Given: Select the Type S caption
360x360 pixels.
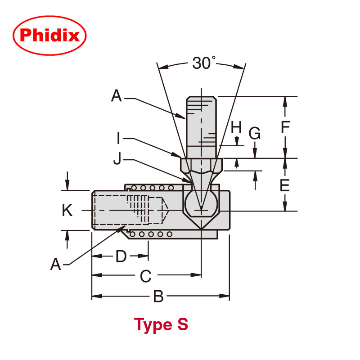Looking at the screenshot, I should pos(161,324).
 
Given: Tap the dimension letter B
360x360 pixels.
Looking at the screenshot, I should pos(158,297).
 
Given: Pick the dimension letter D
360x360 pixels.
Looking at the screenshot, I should pos(121,256).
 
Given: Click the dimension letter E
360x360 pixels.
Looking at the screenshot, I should pos(284,185).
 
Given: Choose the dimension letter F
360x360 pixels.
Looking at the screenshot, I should pos(284,127).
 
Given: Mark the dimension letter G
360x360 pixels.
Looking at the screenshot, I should pos(255,133).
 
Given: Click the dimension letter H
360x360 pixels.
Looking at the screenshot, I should pos(237,127).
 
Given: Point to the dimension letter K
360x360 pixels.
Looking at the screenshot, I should pos(67,210).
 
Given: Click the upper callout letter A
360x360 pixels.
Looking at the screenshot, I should pos(117,96).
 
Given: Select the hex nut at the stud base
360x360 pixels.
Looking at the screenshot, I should pos(202,166).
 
